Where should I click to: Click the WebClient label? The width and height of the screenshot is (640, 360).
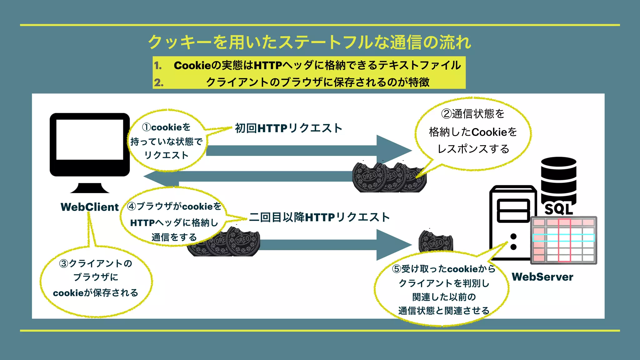coord(90,207)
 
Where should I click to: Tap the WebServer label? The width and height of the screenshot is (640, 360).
coord(542,277)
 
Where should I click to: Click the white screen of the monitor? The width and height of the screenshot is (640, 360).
coord(90,140)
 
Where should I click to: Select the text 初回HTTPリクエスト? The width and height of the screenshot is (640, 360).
coord(288,128)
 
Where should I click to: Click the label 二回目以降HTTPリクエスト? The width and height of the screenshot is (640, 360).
coord(319,217)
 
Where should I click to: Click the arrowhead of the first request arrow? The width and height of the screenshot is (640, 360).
coord(394,150)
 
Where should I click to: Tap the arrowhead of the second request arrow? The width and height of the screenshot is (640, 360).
coord(394,245)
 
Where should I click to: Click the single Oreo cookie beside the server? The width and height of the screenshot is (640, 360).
coord(435,241)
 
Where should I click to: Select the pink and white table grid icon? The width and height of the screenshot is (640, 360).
coord(563,240)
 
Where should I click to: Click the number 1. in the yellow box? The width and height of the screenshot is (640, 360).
coord(158,66)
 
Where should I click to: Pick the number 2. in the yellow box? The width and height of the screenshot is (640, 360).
coord(158,82)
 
